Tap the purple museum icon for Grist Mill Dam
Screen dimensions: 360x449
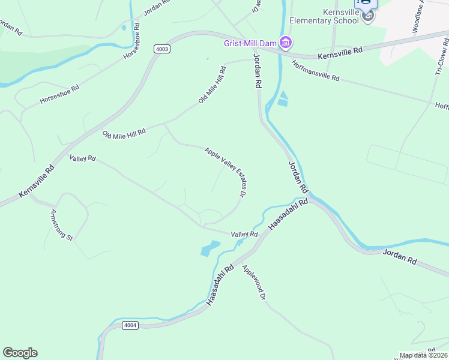point(286,42)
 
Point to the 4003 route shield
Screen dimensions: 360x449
point(161,49)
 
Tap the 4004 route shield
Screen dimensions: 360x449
point(130,325)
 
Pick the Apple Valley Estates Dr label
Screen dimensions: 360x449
point(226,172)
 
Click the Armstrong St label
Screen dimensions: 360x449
point(61,224)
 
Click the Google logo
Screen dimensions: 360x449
point(20,353)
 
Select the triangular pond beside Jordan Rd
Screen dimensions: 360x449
point(283,94)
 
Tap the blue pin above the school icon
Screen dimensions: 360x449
point(367,3)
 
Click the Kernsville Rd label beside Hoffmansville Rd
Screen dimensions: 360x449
point(340,52)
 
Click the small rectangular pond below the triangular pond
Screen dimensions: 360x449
point(282,103)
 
